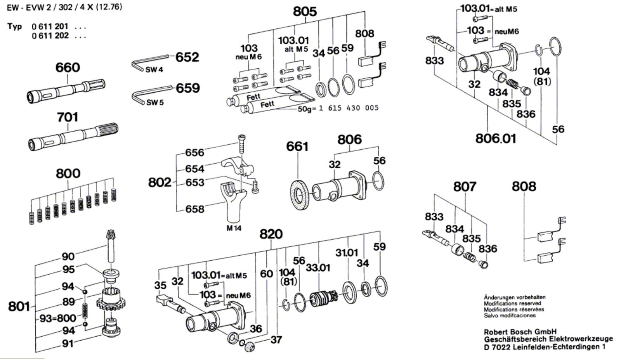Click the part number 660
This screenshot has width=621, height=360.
68,68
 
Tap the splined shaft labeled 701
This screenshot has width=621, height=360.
73,137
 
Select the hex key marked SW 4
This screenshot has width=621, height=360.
150,63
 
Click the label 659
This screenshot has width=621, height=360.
188,88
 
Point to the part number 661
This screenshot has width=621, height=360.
297,147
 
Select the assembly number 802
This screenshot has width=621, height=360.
160,183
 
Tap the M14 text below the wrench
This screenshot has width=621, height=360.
234,228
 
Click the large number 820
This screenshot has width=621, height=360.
271,234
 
